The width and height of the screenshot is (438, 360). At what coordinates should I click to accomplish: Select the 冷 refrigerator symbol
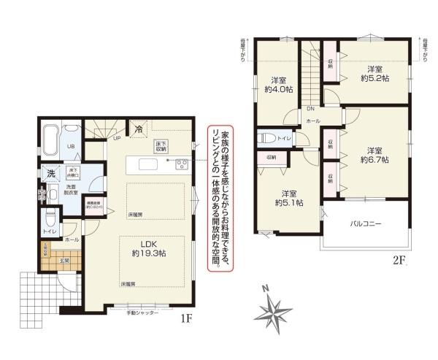coord(139,129)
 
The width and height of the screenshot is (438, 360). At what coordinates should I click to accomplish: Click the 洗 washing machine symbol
coord(50,175)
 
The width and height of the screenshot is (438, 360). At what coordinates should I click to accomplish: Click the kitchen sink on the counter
coord(140,165)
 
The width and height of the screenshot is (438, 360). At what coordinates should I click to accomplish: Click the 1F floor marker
coord(186,319)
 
